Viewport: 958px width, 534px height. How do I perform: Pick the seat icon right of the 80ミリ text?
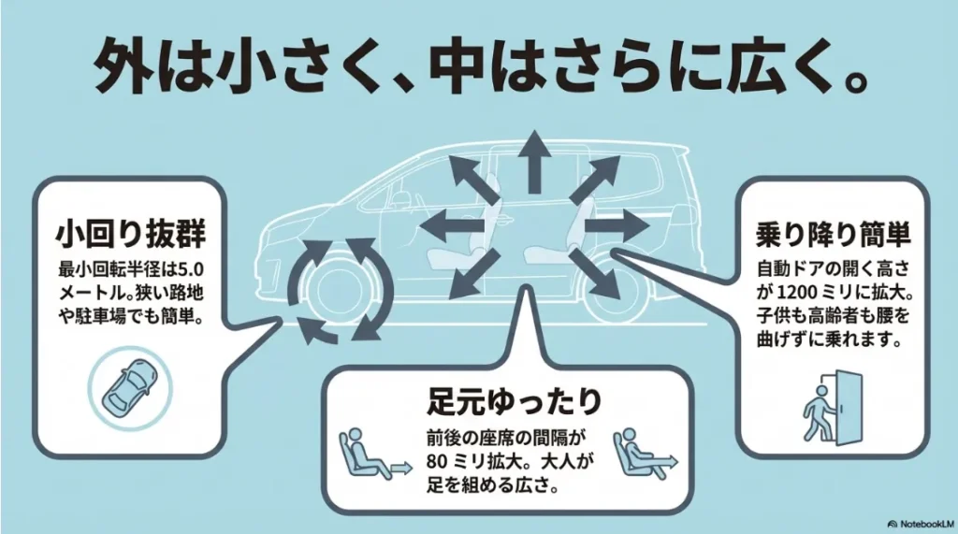pos(640,452)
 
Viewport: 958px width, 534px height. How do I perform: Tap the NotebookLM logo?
pos(921,524)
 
